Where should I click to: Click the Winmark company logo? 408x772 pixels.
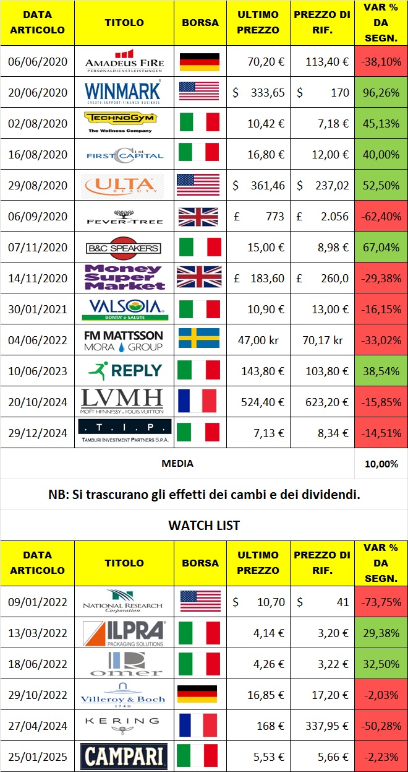click(124, 92)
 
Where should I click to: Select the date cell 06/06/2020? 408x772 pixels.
click(38, 61)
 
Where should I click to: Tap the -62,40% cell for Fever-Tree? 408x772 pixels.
click(381, 217)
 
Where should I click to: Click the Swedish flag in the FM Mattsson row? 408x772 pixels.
click(199, 339)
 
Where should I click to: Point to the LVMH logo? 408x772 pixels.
click(124, 401)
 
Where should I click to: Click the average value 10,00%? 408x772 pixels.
click(381, 463)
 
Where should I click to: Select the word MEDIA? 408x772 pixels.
click(177, 463)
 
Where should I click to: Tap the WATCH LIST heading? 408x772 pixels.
click(203, 526)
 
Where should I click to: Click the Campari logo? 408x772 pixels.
click(124, 756)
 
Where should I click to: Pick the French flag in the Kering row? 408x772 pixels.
click(199, 725)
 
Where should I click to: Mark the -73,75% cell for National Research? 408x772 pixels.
click(381, 602)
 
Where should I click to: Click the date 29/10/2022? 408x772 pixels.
click(38, 694)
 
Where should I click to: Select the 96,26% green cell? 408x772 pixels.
click(381, 92)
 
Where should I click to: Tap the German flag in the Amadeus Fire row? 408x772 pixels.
click(199, 61)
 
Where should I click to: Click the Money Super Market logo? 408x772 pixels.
click(124, 277)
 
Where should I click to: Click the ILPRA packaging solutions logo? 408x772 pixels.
click(124, 632)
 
